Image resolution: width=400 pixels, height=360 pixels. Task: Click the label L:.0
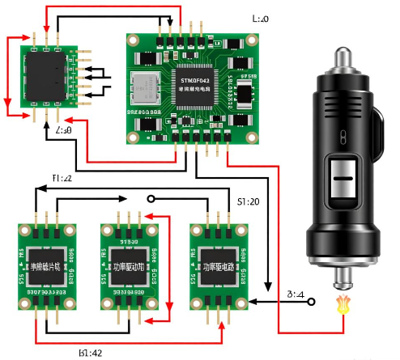point(260,18)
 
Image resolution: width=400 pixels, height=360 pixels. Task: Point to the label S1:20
point(249,199)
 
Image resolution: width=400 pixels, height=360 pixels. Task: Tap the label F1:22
point(63,177)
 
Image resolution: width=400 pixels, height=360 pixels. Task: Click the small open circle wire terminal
point(149,197)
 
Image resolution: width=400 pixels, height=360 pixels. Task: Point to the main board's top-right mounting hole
point(253,42)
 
